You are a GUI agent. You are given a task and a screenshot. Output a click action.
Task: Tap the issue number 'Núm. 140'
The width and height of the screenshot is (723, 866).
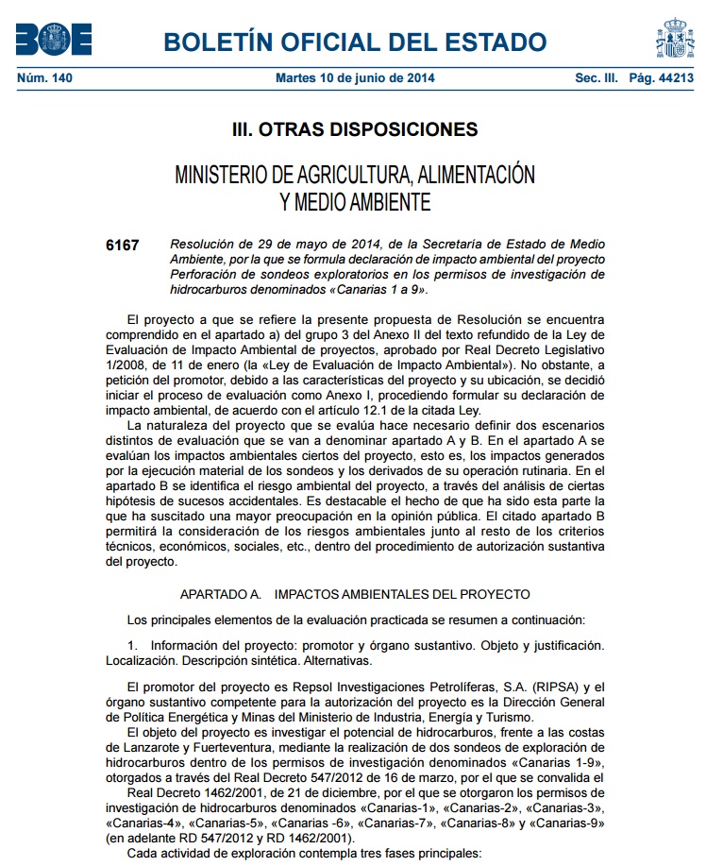[x=44, y=78]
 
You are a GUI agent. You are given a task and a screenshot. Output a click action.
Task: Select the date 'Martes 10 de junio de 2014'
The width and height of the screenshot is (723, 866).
[x=355, y=78]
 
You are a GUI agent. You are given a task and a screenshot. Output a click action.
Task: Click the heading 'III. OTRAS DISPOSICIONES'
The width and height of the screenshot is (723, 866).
[x=355, y=129]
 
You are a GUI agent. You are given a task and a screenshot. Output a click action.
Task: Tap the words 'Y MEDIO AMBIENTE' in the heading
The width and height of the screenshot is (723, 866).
[x=355, y=201]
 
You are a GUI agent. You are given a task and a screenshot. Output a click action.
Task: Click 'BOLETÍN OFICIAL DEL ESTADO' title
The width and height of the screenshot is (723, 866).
[x=355, y=42]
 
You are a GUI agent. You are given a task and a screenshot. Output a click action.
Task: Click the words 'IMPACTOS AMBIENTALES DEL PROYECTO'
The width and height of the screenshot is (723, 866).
[x=402, y=594]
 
